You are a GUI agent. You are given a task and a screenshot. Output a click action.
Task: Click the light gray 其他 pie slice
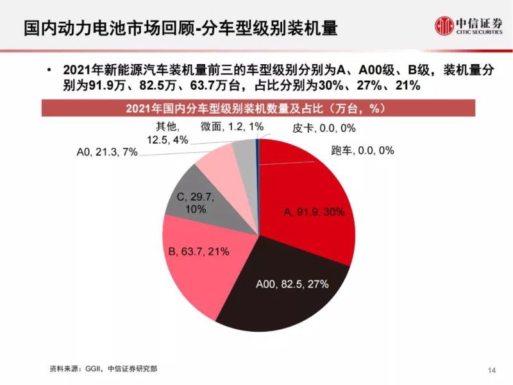point(244,151)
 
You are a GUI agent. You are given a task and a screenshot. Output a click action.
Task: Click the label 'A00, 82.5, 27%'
point(292,283)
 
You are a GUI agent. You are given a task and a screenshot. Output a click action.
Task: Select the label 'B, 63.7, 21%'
point(198,251)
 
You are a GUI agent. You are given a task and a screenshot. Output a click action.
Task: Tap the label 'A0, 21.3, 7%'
point(106,153)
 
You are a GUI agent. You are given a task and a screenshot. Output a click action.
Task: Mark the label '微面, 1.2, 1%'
point(231,126)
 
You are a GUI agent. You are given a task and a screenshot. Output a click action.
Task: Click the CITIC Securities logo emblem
point(443,25)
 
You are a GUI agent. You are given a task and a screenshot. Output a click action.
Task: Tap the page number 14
point(492,370)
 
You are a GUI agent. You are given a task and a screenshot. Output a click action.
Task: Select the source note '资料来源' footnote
point(103,369)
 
